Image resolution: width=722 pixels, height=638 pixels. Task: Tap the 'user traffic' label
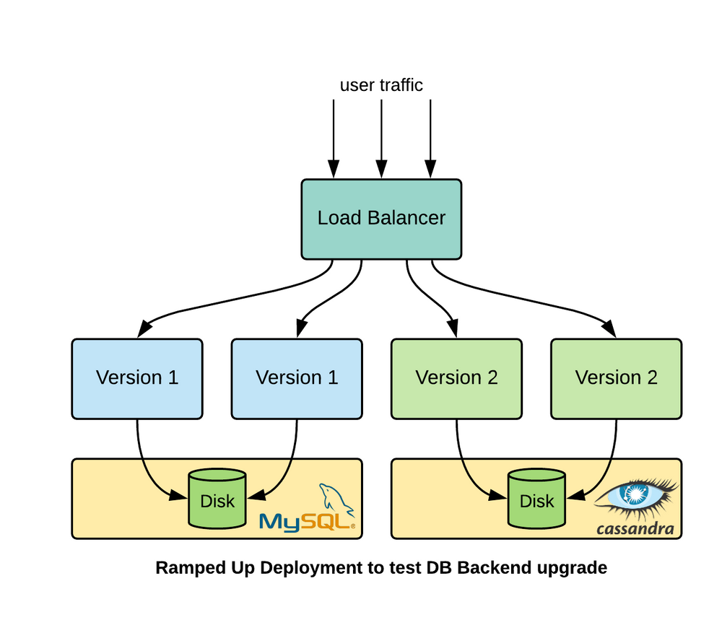pos(381,85)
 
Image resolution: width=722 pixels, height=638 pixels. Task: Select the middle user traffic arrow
pos(381,137)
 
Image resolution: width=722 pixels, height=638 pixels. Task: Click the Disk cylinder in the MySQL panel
pos(217,499)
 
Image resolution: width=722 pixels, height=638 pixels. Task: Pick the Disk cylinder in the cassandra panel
pos(536,499)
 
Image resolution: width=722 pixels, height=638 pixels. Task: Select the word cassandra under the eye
pos(635,529)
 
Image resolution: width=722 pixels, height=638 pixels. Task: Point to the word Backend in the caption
pos(495,568)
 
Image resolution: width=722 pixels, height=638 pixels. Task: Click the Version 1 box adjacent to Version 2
pos(296,378)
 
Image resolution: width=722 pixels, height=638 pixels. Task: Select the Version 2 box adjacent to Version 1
pos(456,378)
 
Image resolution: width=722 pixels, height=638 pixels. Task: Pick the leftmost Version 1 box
pos(136,378)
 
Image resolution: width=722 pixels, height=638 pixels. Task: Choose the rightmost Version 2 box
pos(616,378)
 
